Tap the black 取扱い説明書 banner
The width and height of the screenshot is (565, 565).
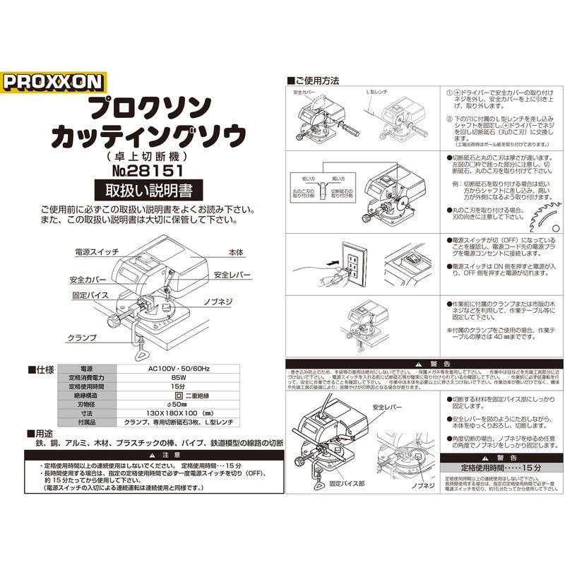coord(148,190)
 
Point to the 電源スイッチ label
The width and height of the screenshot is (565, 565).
coord(97,251)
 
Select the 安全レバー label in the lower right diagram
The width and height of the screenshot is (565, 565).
coord(388,408)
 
